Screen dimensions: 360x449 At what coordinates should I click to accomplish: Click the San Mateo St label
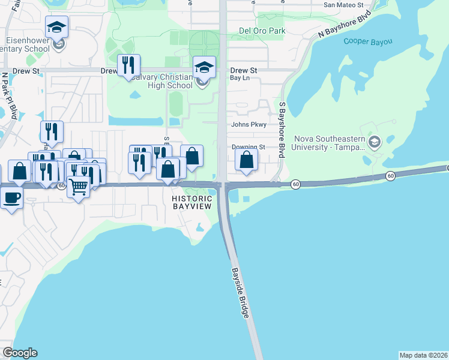(x=343, y=5)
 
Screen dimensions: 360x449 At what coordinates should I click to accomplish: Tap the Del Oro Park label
(x=262, y=31)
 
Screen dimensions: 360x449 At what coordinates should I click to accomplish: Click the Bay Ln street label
(x=239, y=78)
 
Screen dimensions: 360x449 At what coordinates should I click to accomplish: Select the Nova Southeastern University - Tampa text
(x=328, y=142)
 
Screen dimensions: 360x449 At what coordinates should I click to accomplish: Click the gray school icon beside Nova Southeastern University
(x=375, y=142)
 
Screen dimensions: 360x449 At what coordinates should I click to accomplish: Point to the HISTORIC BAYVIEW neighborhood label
(x=192, y=202)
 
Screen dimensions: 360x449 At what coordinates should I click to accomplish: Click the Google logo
(x=20, y=353)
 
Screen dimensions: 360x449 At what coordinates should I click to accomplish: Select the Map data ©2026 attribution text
(x=423, y=355)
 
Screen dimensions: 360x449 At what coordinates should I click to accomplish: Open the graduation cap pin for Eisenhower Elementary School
(x=57, y=28)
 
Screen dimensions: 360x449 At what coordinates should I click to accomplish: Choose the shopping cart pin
(x=79, y=187)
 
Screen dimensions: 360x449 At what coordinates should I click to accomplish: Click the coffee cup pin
(x=12, y=197)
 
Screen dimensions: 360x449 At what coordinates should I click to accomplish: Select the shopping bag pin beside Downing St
(x=246, y=160)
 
